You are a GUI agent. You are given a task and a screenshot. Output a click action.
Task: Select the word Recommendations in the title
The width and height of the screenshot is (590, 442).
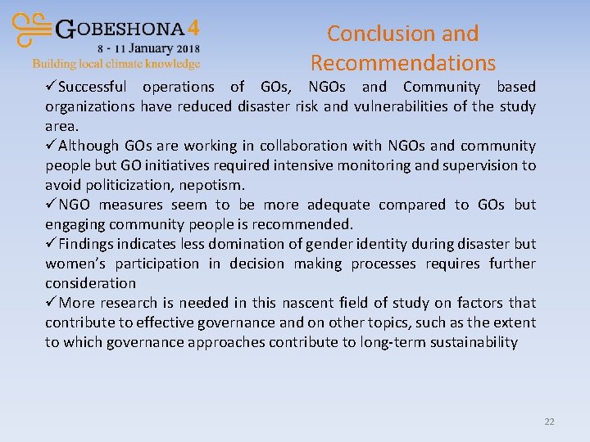pyautogui.click(x=403, y=63)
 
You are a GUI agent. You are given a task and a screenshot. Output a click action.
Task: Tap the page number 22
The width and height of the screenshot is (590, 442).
pyautogui.click(x=549, y=422)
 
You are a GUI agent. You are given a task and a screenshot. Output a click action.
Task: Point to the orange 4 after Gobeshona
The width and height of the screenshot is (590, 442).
pyautogui.click(x=193, y=28)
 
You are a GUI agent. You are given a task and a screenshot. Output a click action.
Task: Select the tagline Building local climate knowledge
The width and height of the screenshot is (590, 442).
pyautogui.click(x=116, y=63)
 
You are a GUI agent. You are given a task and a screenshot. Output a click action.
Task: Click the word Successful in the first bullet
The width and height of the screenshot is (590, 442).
pyautogui.click(x=92, y=87)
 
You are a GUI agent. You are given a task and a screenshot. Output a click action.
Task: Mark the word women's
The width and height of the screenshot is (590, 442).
pyautogui.click(x=76, y=264)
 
